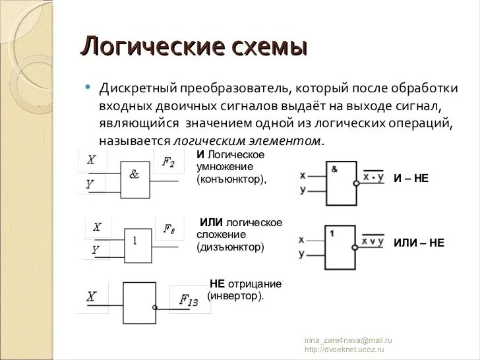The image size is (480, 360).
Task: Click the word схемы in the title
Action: pos(268,47)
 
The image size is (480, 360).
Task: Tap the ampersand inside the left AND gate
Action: pos(135,174)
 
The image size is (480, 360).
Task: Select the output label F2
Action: pos(168,162)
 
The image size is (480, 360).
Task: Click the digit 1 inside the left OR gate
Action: pos(135,241)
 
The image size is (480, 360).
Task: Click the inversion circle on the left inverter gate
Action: pos(154,307)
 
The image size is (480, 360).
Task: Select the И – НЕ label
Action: pos(411,178)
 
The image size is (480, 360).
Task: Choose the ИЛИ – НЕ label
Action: pos(419,243)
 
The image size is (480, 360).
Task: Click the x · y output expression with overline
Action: pos(373,177)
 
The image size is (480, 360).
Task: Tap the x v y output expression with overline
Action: pos(373,241)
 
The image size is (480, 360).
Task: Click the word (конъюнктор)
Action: pos(231,178)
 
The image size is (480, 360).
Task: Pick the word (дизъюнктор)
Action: pos(230,247)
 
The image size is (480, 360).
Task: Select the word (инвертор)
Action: pos(235,296)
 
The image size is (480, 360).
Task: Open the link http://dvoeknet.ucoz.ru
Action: pos(344,349)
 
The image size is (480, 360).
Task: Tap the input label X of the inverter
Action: pos(91,297)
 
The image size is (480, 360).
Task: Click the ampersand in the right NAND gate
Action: pos(334,169)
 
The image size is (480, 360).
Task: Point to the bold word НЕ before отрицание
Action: pos(218,284)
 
